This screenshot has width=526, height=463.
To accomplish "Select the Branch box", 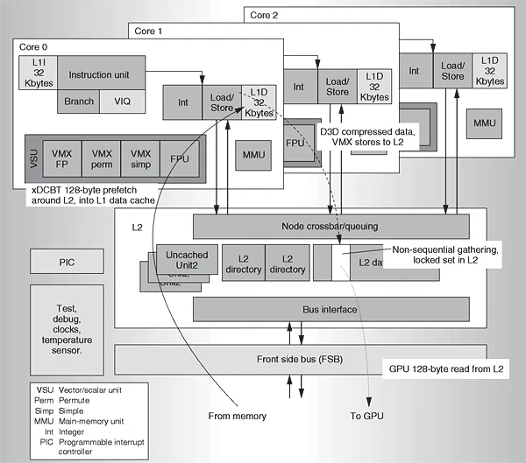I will click(80, 102).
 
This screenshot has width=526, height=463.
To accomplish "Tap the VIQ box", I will click(121, 102).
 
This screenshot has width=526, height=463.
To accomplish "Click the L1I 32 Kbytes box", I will click(37, 74).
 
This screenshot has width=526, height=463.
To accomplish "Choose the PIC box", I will click(68, 261).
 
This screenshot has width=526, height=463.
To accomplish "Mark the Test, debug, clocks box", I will click(68, 326).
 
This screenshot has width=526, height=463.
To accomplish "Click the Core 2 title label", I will click(264, 15).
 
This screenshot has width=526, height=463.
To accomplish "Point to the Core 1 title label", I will click(148, 32).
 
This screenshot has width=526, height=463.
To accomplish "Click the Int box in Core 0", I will click(182, 102).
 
